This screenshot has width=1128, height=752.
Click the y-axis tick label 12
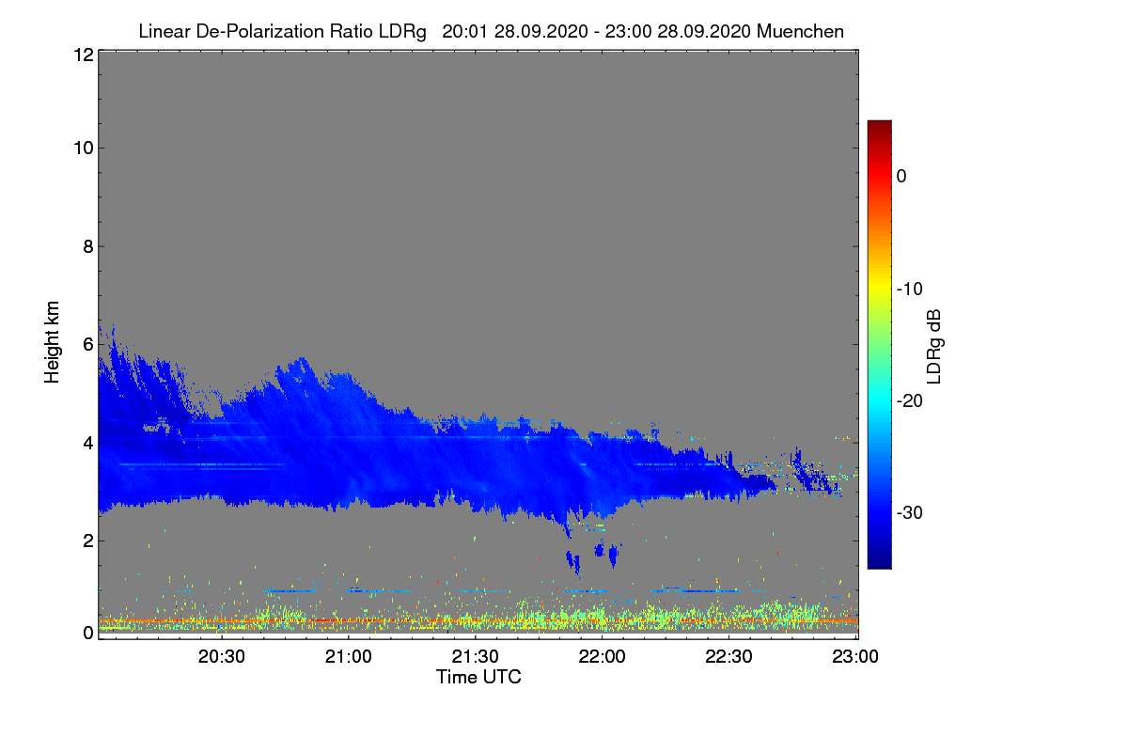click(82, 55)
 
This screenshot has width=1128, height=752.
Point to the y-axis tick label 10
click(82, 148)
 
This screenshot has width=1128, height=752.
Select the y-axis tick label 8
click(87, 246)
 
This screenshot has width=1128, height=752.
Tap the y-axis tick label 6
click(87, 344)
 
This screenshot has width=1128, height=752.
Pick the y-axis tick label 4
click(87, 442)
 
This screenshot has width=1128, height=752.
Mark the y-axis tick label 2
click(87, 540)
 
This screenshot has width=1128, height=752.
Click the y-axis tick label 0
click(87, 633)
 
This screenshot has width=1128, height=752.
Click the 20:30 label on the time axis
click(222, 657)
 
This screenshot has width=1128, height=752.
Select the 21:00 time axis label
click(349, 657)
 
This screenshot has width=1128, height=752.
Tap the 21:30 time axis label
click(476, 657)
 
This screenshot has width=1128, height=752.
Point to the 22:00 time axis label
click(603, 657)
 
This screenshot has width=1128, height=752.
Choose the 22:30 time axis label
click(729, 657)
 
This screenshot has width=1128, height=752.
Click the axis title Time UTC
click(478, 677)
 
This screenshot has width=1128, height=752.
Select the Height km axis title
click(53, 343)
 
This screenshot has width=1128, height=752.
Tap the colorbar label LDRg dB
click(934, 345)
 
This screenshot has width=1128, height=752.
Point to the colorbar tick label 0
click(901, 176)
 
